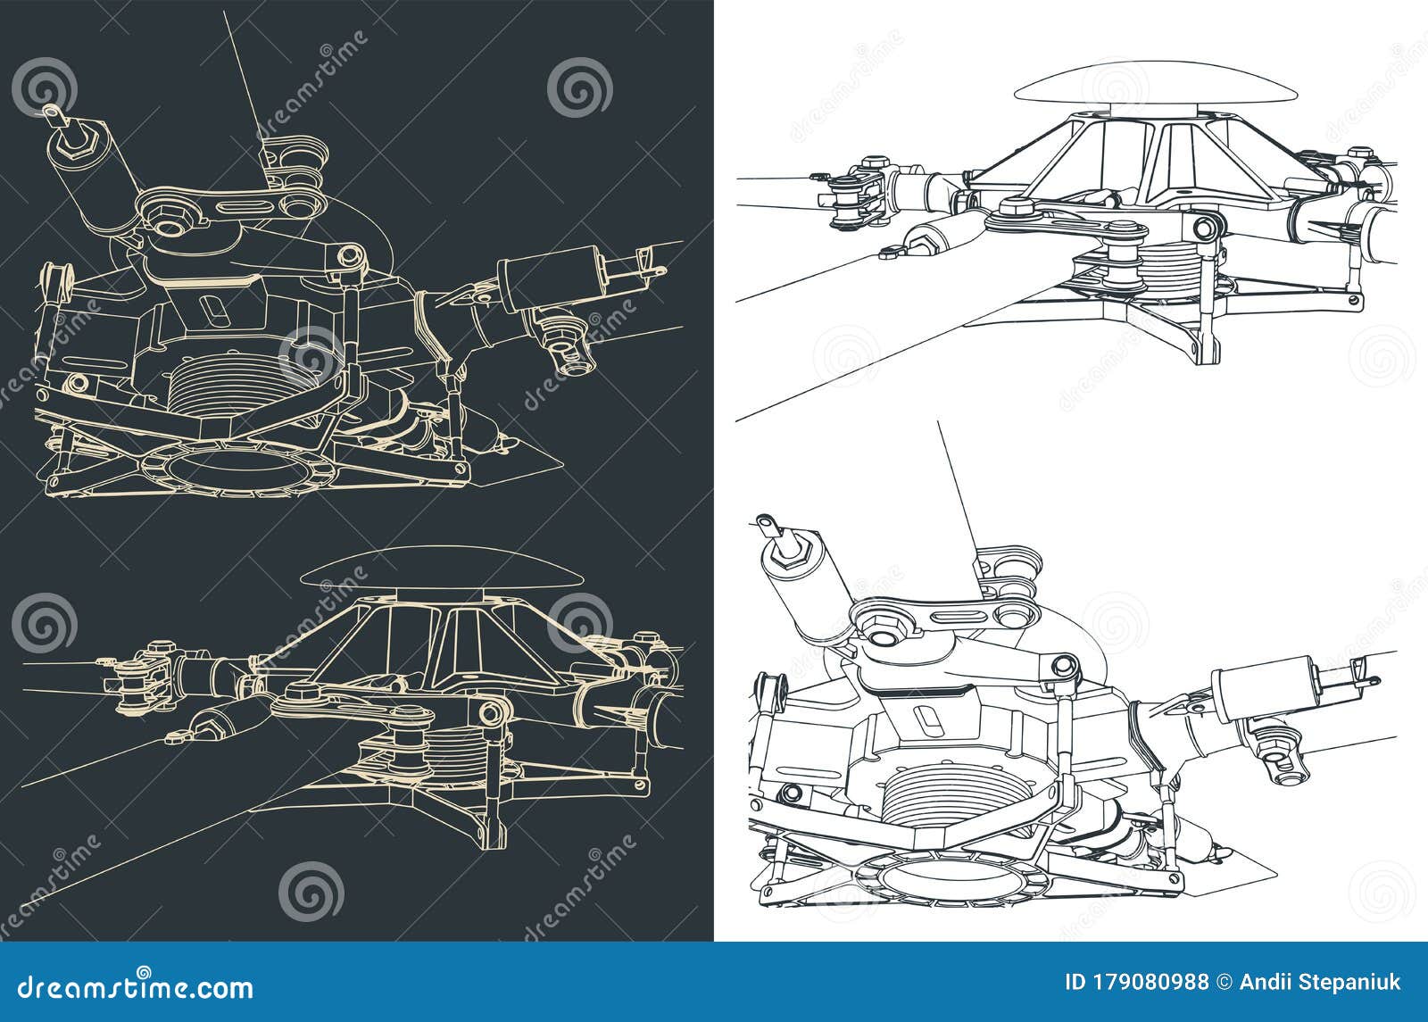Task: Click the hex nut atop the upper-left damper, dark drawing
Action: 87,140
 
